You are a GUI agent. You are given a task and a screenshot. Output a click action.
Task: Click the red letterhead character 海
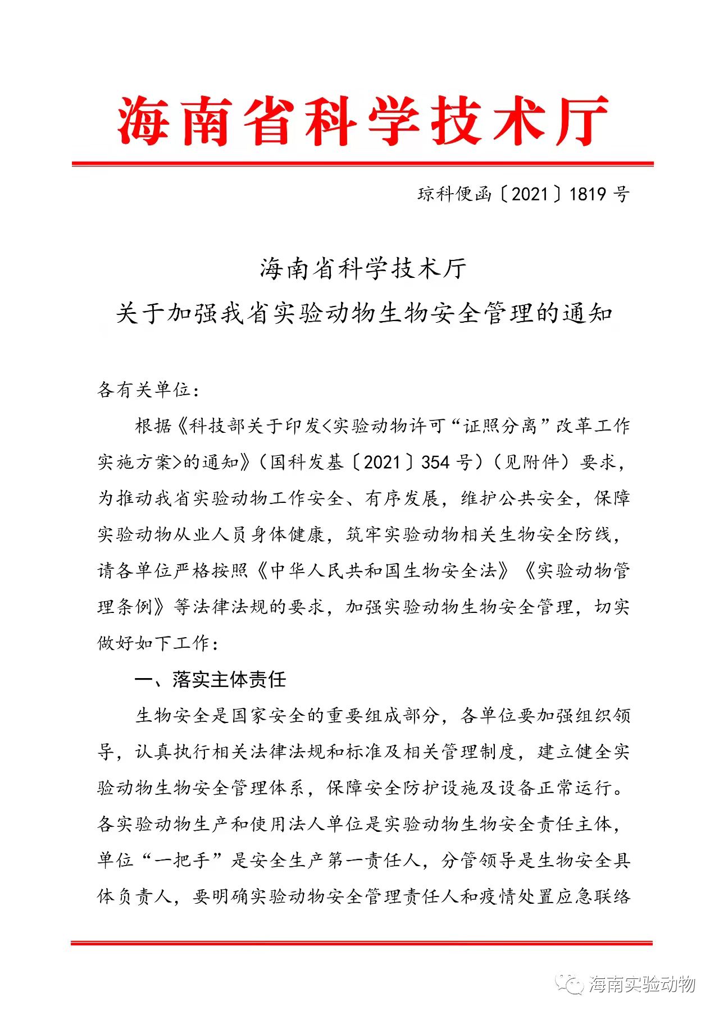(143, 121)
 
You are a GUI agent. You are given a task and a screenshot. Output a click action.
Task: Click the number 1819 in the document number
(588, 194)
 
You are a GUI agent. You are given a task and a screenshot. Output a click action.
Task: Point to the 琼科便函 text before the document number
(454, 194)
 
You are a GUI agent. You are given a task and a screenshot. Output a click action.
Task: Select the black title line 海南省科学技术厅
(363, 269)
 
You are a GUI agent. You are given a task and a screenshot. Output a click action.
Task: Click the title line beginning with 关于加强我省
(363, 313)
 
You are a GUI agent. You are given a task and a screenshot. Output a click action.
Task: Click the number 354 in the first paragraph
(435, 462)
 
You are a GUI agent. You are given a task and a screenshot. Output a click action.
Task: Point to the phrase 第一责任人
(374, 861)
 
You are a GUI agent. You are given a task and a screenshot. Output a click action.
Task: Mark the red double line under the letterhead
(363, 164)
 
